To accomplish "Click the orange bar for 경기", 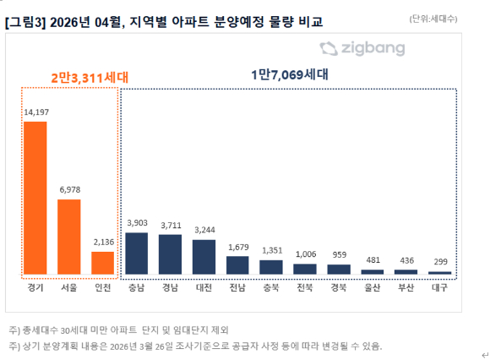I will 35,198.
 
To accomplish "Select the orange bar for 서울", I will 69,237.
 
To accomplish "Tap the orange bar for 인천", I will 102,263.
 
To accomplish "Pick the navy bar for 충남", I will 137,253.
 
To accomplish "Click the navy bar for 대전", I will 204,257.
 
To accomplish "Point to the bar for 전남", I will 237,265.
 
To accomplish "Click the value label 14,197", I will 35,112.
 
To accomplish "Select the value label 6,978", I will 69,189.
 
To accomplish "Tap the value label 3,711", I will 170,225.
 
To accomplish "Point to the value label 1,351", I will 271,250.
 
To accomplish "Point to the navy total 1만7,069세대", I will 289,74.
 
